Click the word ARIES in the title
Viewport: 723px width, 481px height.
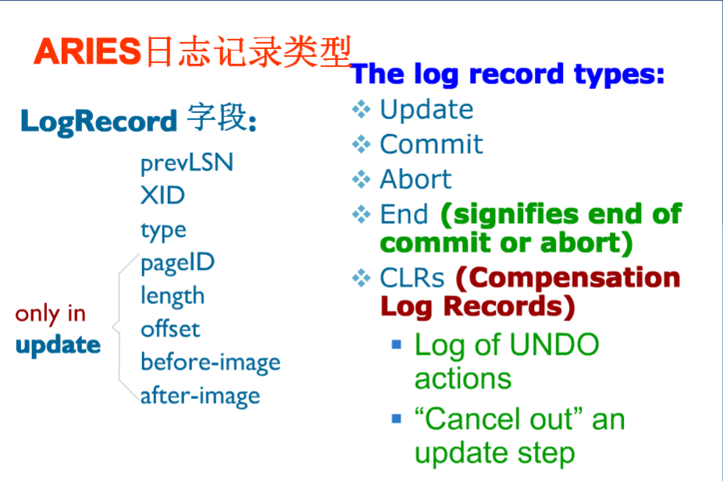point(86,51)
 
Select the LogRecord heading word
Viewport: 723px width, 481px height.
point(98,122)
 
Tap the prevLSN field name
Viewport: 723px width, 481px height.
point(187,163)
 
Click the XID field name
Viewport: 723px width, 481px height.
point(162,195)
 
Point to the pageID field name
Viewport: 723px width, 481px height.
point(177,262)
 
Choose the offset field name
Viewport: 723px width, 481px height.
point(169,328)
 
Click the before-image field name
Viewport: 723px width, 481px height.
point(210,362)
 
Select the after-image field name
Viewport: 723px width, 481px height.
point(200,395)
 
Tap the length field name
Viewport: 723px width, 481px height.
point(172,295)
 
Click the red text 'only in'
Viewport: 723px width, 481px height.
point(50,313)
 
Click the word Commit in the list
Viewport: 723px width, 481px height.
point(431,144)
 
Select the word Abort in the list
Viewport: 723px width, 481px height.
point(415,179)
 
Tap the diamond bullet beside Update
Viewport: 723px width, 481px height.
point(361,110)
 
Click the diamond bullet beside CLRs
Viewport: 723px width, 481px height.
point(361,278)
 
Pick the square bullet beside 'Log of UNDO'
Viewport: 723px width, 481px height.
point(397,343)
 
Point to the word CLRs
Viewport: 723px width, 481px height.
point(411,278)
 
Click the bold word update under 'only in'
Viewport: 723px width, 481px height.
point(58,345)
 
